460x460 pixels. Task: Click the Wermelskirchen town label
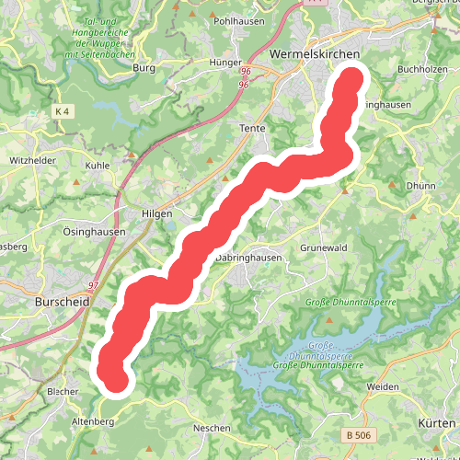(x=315, y=54)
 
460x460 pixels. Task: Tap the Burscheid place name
(x=61, y=301)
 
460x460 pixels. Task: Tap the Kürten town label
(x=437, y=421)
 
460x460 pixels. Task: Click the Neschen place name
(x=212, y=429)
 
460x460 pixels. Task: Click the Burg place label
(x=144, y=67)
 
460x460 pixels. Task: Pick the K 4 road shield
(x=63, y=111)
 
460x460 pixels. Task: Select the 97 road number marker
(x=93, y=286)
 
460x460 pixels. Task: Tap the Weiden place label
(x=383, y=387)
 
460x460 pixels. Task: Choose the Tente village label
(x=251, y=129)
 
